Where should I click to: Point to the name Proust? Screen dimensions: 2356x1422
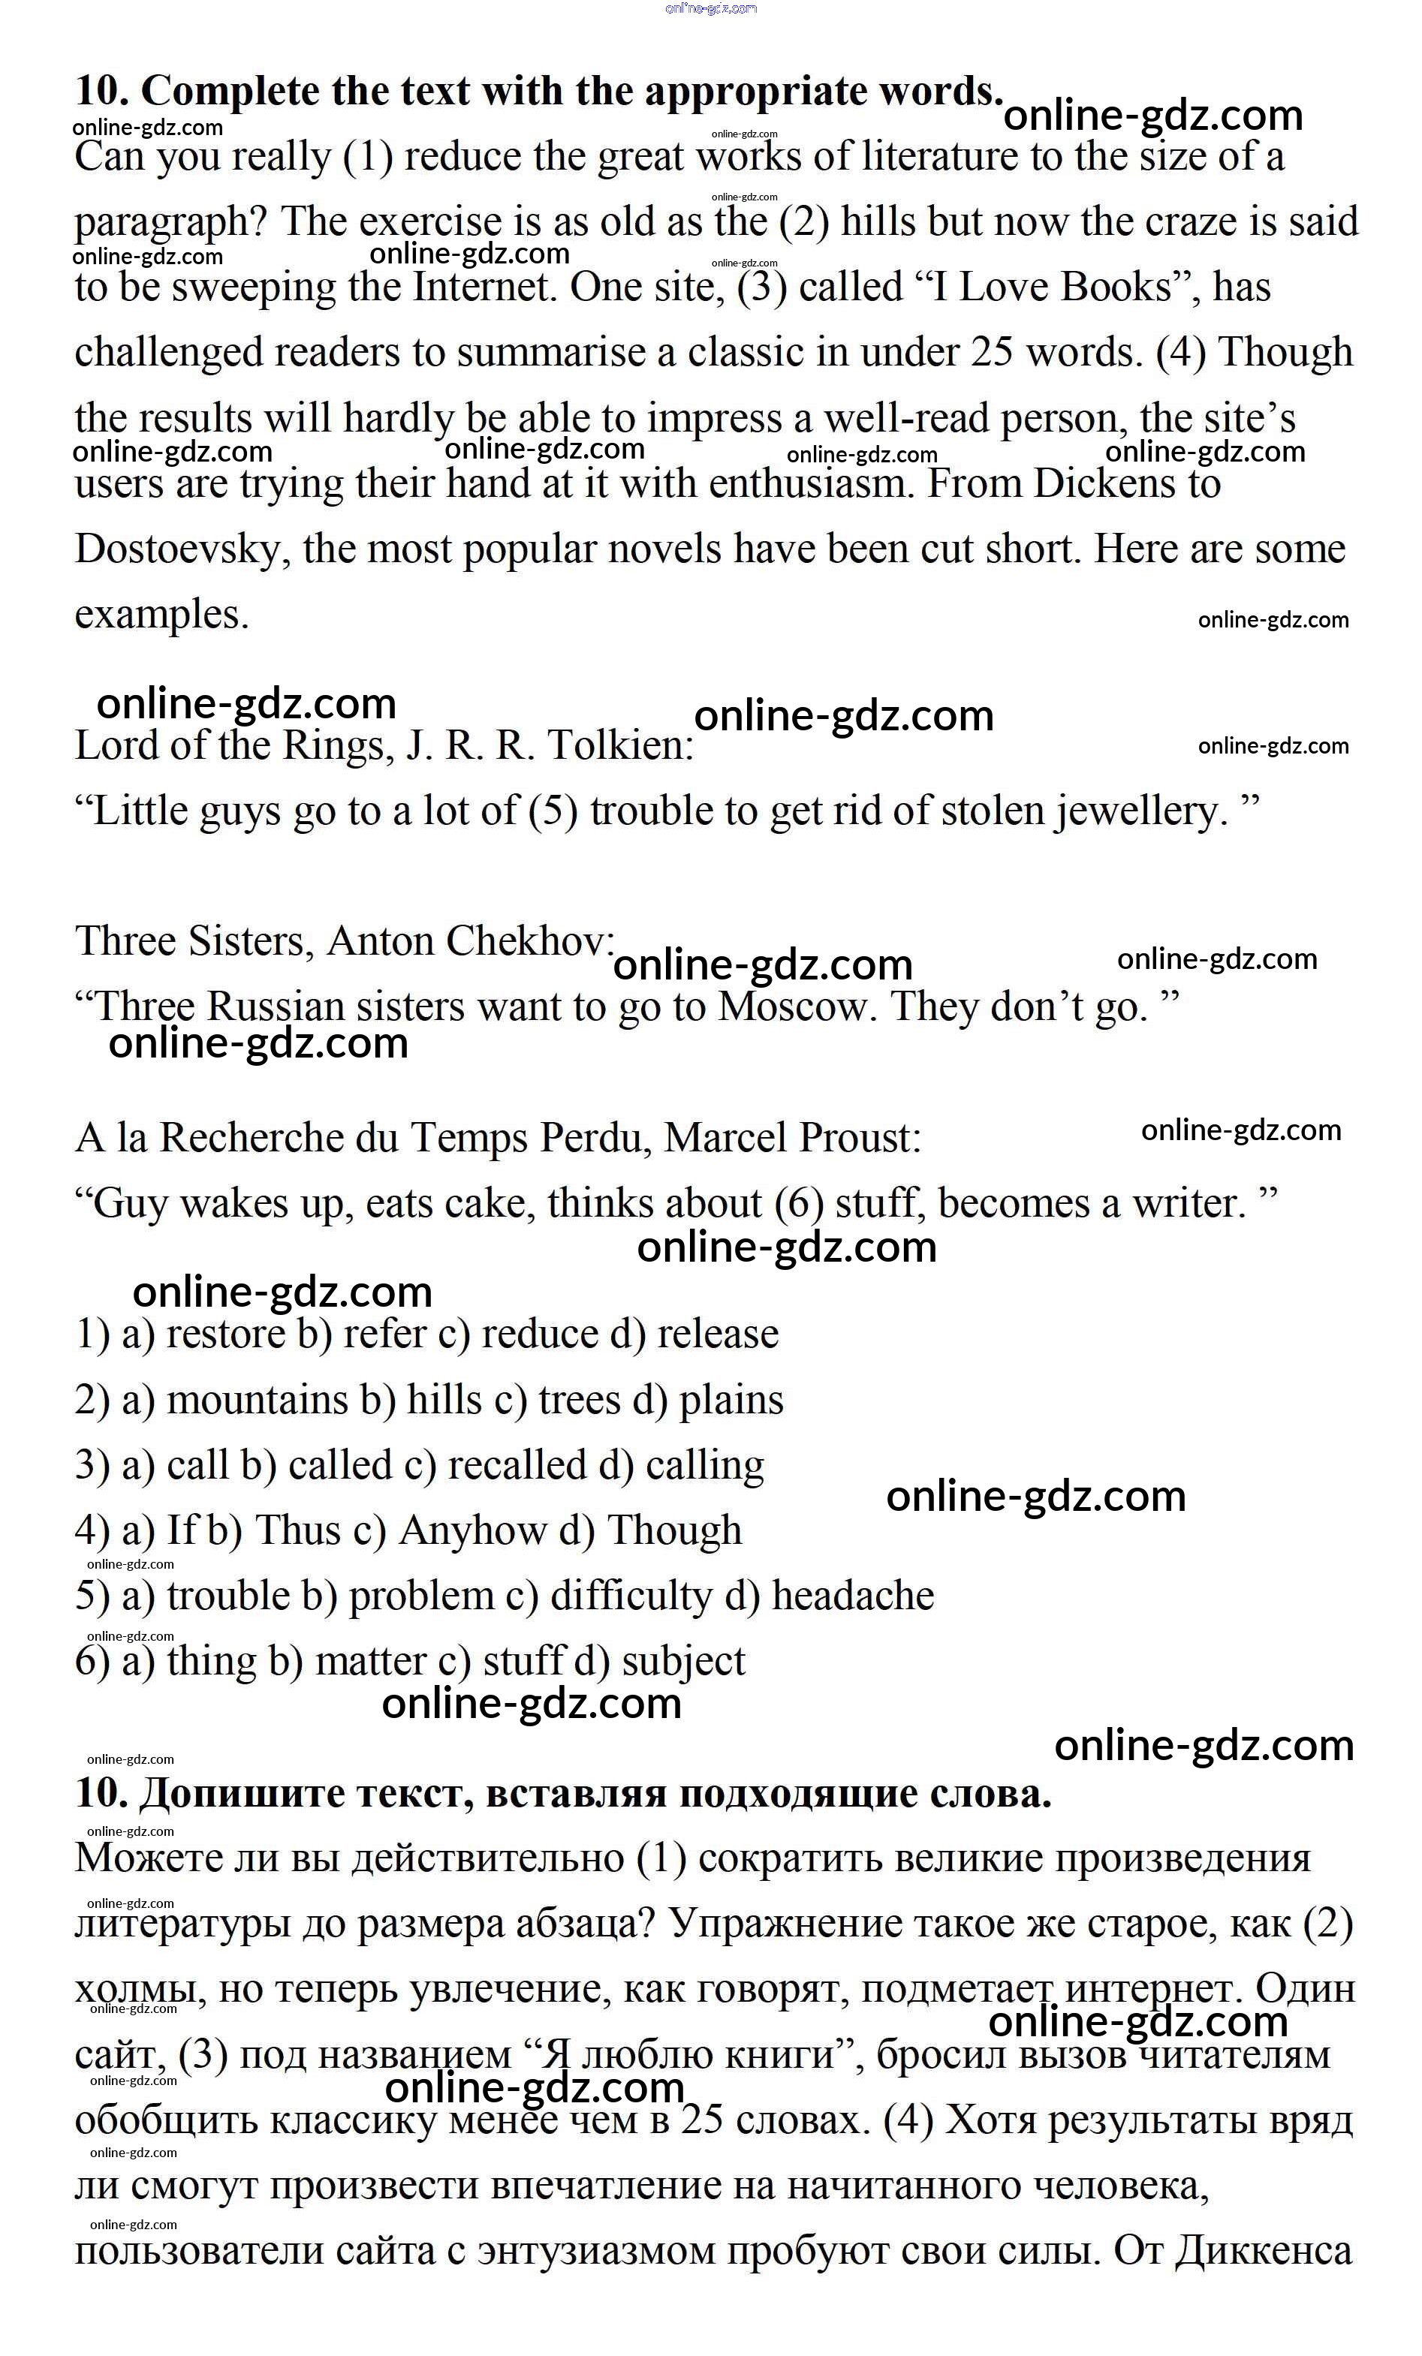pos(860,1138)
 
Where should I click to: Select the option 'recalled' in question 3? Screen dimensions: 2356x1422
pos(517,1466)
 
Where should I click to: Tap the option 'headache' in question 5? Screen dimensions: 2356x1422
pos(853,1596)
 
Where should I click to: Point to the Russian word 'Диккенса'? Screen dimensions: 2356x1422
pos(1262,2251)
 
